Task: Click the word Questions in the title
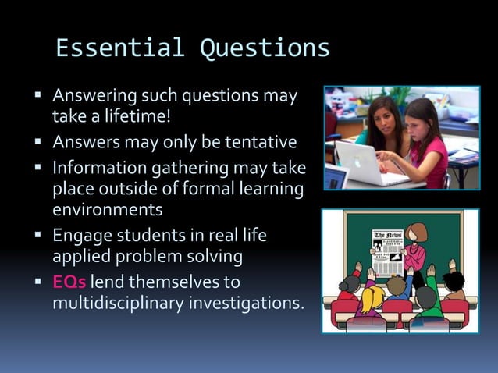coord(265,48)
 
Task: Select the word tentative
coord(252,143)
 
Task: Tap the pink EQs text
coord(69,281)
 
